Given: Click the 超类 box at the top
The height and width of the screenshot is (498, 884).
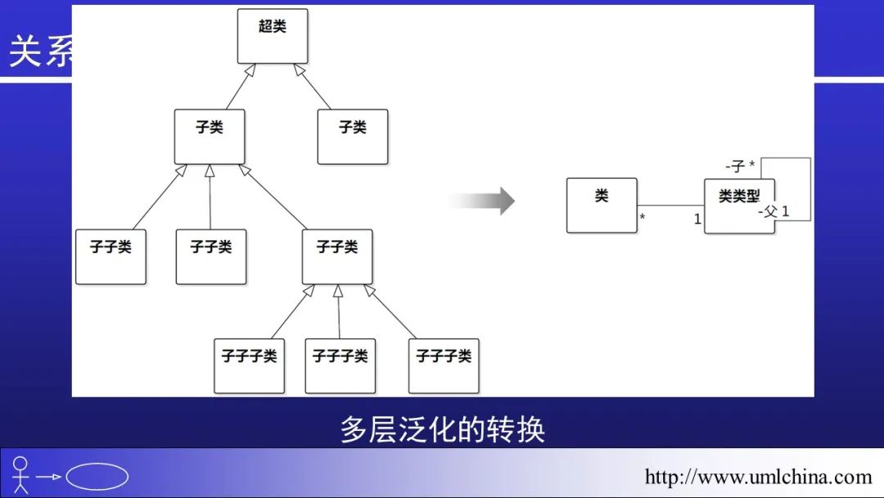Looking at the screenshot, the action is pyautogui.click(x=273, y=36).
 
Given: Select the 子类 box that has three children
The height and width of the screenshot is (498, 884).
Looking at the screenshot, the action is pyautogui.click(x=210, y=136).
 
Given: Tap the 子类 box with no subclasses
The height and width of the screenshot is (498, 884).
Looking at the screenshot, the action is pyautogui.click(x=353, y=136).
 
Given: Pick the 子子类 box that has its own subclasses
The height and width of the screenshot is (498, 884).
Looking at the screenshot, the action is pyautogui.click(x=337, y=256).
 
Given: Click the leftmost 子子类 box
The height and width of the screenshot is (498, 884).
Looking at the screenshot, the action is pyautogui.click(x=110, y=256).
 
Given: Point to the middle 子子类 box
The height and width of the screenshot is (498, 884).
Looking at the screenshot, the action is pyautogui.click(x=211, y=256).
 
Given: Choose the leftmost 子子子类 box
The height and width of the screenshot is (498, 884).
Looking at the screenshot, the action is pyautogui.click(x=249, y=365).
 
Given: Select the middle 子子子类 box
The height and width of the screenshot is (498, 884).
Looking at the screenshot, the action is pyautogui.click(x=341, y=365).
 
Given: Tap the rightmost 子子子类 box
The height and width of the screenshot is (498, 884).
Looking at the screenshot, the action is pyautogui.click(x=444, y=365).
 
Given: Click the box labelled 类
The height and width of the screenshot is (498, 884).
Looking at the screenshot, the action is pyautogui.click(x=602, y=205).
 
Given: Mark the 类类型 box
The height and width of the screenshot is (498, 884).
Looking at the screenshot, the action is pyautogui.click(x=739, y=206).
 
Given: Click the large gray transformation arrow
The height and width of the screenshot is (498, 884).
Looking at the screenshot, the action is pyautogui.click(x=482, y=201).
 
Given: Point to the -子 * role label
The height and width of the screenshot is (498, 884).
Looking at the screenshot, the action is pyautogui.click(x=740, y=166).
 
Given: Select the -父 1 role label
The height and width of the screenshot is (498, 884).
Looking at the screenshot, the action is pyautogui.click(x=773, y=211).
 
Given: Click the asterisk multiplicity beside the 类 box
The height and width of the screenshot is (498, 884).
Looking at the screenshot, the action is pyautogui.click(x=643, y=219).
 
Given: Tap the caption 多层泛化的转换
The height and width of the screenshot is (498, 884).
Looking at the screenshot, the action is pyautogui.click(x=442, y=430).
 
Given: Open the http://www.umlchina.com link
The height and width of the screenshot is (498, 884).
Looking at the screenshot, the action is pyautogui.click(x=758, y=477).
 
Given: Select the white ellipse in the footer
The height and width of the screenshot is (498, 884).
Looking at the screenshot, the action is pyautogui.click(x=97, y=477).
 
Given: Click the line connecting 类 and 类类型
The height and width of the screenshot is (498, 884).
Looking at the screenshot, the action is pyautogui.click(x=670, y=205).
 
